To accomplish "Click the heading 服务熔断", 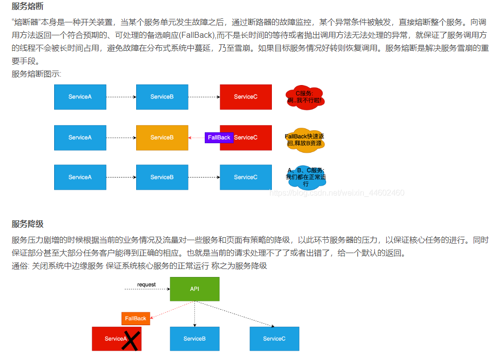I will tap(28, 7).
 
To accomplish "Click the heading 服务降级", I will tap(28, 224).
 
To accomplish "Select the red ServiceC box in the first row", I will tap(246, 97).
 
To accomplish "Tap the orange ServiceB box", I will tap(162, 138).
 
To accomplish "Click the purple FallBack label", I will tap(219, 138).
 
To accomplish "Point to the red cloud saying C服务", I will tap(305, 97).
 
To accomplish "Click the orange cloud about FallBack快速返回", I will tap(305, 140).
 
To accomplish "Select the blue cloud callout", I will tap(306, 177).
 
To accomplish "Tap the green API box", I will tap(194, 289).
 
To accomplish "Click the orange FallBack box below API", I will tap(136, 318).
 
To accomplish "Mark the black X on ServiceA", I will tap(130, 341).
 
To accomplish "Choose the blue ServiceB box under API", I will tap(194, 339).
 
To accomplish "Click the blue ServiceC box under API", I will tap(274, 339).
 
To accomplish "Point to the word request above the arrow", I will tap(147, 284).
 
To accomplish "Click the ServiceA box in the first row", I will tap(80, 97).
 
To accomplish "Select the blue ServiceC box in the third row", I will tap(246, 177).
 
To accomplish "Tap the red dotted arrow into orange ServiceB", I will tap(196, 138).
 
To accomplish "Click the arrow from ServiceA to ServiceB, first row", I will tap(121, 97).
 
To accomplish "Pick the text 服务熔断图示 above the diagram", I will tap(36, 74).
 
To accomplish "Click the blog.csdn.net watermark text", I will tap(336, 193).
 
